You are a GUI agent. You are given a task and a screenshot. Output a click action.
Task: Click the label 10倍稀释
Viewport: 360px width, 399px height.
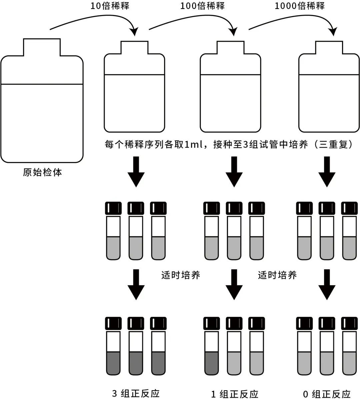click(110, 6)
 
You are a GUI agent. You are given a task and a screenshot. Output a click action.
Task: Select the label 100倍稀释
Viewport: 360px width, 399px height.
click(202, 6)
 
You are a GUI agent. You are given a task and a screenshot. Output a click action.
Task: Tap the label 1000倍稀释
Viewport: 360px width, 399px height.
click(299, 6)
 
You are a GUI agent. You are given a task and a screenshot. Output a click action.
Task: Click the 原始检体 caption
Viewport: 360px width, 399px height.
click(42, 172)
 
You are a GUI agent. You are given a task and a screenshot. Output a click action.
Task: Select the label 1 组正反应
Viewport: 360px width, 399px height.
click(235, 394)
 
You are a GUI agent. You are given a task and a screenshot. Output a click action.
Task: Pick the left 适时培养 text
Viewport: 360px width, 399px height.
click(181, 275)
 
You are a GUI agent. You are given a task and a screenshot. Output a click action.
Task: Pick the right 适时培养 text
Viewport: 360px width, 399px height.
click(277, 275)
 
